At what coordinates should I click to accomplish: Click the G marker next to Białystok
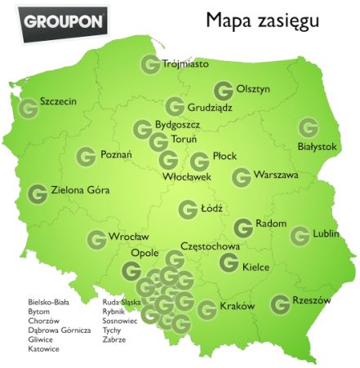308,127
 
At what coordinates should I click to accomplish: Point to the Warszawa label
276,175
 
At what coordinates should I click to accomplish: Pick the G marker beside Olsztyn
223,91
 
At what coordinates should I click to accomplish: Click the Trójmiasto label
185,64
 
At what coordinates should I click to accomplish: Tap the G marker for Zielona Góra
37,194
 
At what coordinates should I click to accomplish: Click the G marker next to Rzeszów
280,303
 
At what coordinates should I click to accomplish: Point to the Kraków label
238,307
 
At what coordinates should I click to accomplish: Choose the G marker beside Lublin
300,235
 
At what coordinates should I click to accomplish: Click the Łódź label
211,209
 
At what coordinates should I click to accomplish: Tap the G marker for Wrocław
96,239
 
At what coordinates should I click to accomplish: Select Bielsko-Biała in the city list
49,301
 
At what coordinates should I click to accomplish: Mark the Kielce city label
256,266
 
